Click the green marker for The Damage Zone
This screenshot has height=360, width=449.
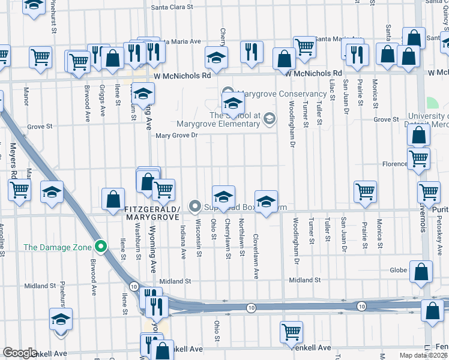tap(101, 246)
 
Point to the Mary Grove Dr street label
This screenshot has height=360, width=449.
tap(176, 136)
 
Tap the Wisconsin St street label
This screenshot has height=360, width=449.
tap(199, 239)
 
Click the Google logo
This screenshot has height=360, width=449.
tap(20, 353)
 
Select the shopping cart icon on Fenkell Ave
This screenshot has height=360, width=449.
tap(291, 331)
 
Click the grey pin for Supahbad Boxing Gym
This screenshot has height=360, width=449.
tap(194, 206)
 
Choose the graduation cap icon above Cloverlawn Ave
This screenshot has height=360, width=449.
tap(266, 201)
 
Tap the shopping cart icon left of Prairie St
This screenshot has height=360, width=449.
tap(365, 191)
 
